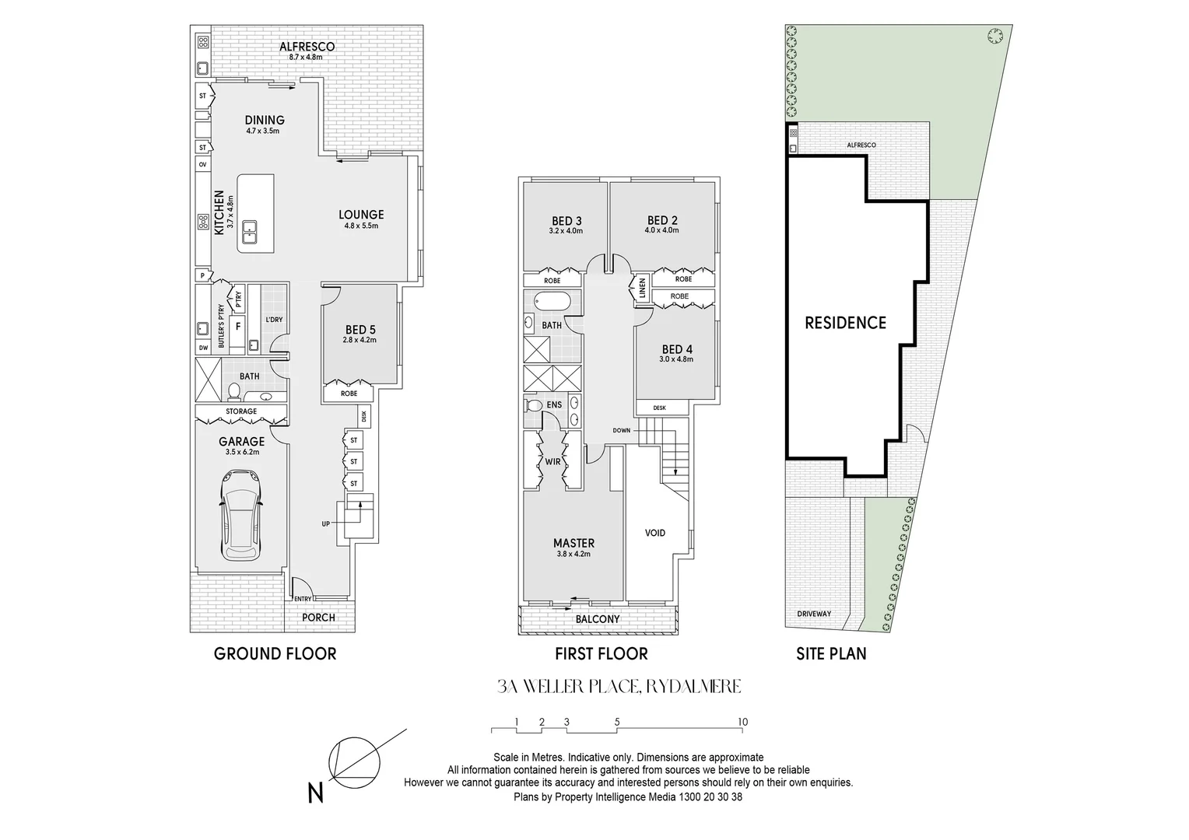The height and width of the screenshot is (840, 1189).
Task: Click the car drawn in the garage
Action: click(x=241, y=515)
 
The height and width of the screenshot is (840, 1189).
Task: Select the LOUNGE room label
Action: click(x=360, y=215)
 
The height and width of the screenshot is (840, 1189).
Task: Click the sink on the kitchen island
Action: click(x=251, y=227)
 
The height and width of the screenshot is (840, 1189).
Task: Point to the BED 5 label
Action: click(x=360, y=330)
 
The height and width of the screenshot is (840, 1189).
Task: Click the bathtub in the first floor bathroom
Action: click(x=552, y=301)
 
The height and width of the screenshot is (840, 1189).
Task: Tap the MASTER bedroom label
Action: click(x=573, y=543)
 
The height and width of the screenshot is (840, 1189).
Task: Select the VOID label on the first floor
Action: click(x=655, y=533)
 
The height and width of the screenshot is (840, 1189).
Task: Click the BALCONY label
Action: click(x=598, y=619)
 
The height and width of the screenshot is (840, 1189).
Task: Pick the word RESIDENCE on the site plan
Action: click(x=845, y=322)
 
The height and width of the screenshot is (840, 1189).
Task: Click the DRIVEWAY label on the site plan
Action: click(x=814, y=614)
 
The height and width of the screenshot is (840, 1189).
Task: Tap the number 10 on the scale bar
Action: click(x=742, y=722)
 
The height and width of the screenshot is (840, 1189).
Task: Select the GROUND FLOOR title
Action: click(x=275, y=653)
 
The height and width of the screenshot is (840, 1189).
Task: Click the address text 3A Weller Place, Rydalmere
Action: click(x=619, y=686)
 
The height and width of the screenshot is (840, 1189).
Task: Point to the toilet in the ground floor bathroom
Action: click(x=233, y=390)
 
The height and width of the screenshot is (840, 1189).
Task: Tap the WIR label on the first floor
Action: click(x=552, y=462)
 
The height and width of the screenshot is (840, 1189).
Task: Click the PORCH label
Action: click(x=318, y=618)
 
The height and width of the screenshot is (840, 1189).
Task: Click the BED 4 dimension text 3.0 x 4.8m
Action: click(x=675, y=359)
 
